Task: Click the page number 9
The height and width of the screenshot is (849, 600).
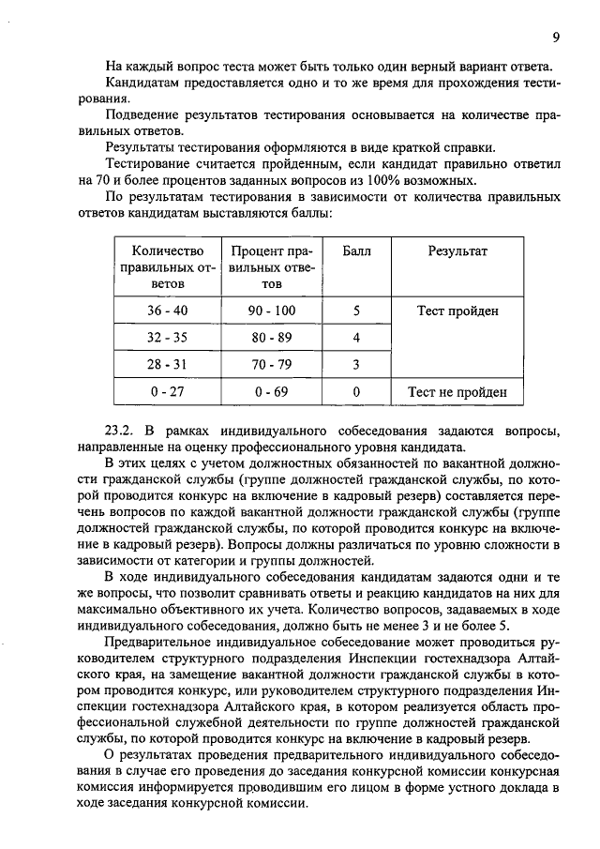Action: (555, 38)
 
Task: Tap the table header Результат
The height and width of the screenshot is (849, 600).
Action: (457, 251)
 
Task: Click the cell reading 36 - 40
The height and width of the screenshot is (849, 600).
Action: (165, 311)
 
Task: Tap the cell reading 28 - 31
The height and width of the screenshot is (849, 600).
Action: (165, 364)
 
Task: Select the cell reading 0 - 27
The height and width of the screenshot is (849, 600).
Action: (165, 392)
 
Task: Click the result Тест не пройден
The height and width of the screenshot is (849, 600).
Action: (457, 392)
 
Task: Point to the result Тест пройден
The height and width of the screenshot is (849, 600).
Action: (457, 311)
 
